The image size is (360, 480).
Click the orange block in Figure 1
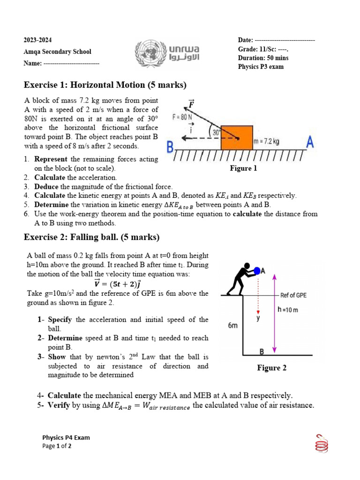pos(237,138)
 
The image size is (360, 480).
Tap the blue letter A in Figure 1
pos(310,142)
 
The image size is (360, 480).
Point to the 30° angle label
pos(216,133)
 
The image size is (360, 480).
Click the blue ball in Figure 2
pos(256,270)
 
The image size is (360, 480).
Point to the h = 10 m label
pos(288,309)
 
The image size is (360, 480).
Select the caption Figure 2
pos(271,368)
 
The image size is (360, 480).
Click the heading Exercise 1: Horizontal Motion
pos(105,85)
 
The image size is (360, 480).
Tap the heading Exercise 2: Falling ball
pos(92,237)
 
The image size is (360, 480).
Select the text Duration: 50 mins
pos(263,58)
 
